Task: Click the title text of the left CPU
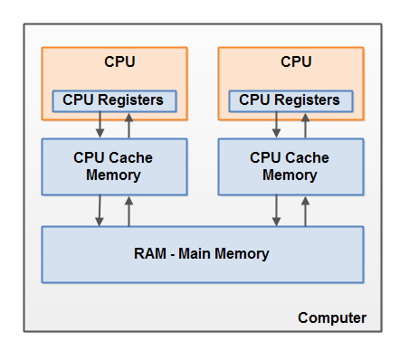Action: click(x=114, y=62)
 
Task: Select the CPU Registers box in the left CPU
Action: click(x=114, y=99)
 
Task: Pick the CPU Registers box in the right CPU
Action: click(x=291, y=99)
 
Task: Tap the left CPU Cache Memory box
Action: click(x=114, y=166)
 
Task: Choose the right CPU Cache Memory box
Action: click(x=291, y=166)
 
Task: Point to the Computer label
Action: click(x=332, y=317)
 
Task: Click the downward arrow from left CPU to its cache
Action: click(x=100, y=124)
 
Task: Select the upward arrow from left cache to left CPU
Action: click(x=128, y=124)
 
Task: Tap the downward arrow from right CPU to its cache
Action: click(x=276, y=124)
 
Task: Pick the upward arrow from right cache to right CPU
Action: click(x=305, y=124)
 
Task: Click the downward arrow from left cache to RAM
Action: click(x=100, y=210)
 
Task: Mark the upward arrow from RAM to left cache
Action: click(x=128, y=210)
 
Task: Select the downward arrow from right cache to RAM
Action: click(x=276, y=210)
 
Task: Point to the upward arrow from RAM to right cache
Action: click(x=305, y=210)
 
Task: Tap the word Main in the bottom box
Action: click(x=196, y=254)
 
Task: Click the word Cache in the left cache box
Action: click(x=131, y=157)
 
